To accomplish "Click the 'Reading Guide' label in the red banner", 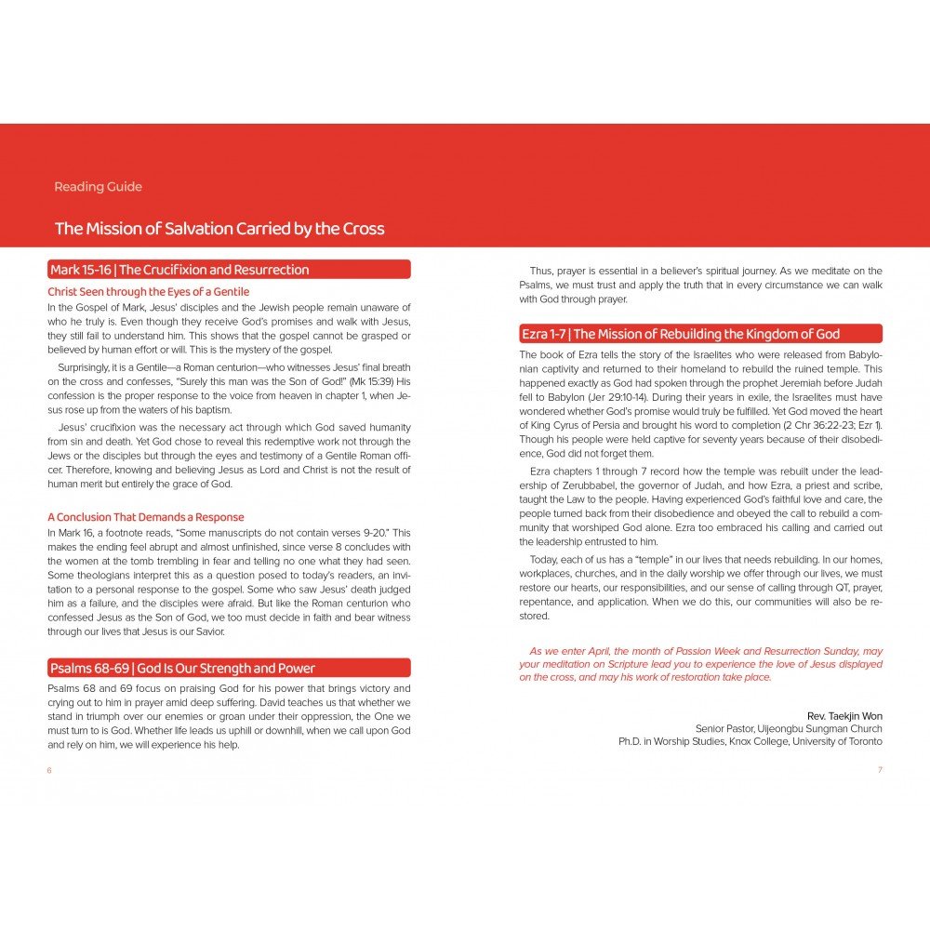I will [x=98, y=187].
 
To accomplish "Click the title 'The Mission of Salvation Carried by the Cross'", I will [x=219, y=229].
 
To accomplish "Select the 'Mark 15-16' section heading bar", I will [x=229, y=270].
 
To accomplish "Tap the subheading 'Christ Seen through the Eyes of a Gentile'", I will [x=148, y=292].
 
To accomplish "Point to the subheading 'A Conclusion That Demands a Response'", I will [x=145, y=517].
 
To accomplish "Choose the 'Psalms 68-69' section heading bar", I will [x=229, y=668].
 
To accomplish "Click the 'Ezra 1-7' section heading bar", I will [x=700, y=334].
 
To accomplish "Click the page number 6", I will [x=49, y=770].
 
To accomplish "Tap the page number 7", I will [x=880, y=770].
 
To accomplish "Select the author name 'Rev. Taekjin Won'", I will [x=844, y=715].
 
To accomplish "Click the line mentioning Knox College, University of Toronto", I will [x=751, y=741].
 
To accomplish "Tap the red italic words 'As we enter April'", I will [x=569, y=652].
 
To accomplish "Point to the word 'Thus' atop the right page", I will [x=540, y=271].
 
